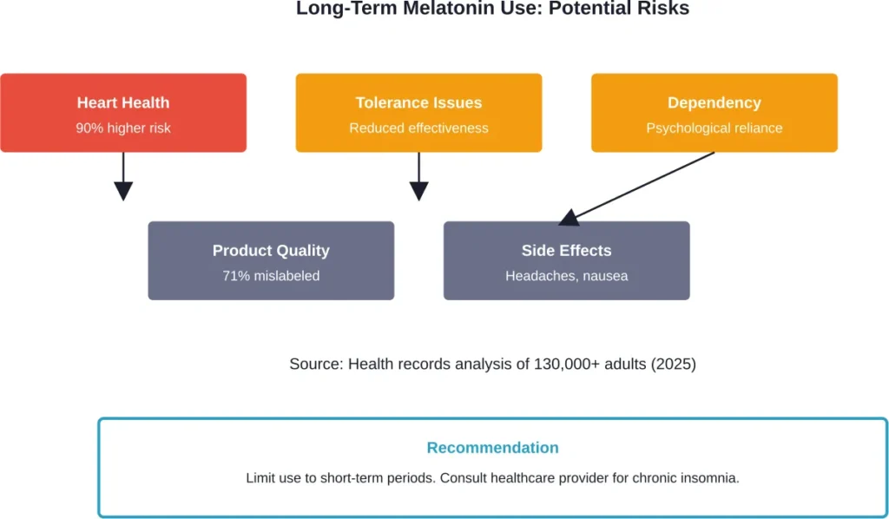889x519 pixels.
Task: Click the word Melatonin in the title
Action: click(433, 9)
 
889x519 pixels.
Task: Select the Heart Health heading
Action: click(123, 102)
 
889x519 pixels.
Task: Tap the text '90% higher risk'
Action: click(123, 128)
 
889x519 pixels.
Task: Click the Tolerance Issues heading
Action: click(418, 102)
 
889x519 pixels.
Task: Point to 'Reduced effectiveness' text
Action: click(418, 128)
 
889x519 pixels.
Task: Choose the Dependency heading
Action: click(714, 102)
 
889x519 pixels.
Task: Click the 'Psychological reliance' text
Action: click(714, 128)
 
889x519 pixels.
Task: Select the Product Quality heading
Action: click(271, 251)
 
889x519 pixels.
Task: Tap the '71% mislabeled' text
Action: click(271, 276)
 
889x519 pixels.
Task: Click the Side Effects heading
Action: click(566, 251)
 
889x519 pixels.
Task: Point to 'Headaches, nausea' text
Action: click(566, 276)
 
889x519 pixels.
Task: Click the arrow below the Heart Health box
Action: click(123, 178)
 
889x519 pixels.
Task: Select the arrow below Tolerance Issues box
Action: click(419, 178)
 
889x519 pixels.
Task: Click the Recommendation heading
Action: click(492, 448)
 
